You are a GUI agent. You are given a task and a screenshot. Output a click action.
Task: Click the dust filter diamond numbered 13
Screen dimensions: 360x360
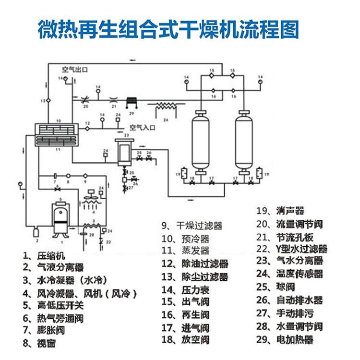click(x=48, y=100)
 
